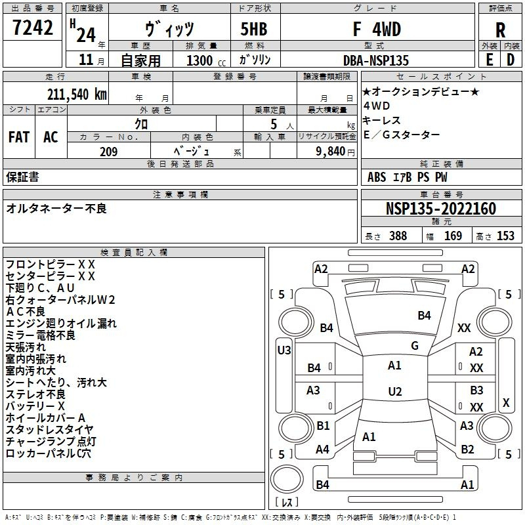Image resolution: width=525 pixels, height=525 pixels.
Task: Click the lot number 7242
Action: pos(33,28)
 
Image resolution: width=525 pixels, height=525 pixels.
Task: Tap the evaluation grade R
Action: pos(500,30)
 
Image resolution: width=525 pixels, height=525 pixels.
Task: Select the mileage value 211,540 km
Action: pos(76,94)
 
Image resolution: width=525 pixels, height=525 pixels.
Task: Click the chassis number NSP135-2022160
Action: pos(440,209)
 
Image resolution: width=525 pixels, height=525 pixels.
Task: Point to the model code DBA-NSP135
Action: pos(375,60)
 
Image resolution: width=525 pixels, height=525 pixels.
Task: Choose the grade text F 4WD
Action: pos(377,30)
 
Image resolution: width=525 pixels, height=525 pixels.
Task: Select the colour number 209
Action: pos(108,152)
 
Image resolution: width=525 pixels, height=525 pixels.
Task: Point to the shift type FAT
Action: pos(18,137)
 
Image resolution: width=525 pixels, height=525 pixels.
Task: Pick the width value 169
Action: pos(453,236)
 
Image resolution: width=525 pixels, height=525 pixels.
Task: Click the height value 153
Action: pos(505,236)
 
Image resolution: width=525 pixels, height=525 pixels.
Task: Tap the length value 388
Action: pos(398,236)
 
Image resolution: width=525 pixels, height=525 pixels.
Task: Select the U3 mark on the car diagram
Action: pos(283,350)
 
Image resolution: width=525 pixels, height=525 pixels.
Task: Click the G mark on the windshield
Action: pos(414,345)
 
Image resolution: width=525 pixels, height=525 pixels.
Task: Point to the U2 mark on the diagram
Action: pos(394,392)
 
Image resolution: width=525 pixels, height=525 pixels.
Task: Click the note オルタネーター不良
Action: pos(56,209)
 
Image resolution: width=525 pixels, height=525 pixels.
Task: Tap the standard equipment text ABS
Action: pos(377,177)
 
